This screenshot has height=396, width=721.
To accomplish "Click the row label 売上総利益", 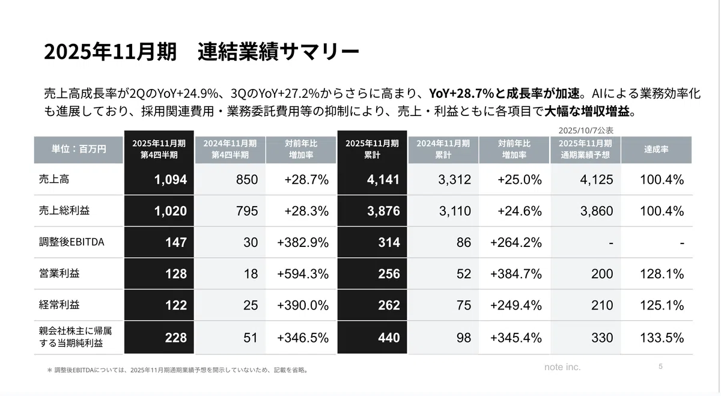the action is [x=64, y=210].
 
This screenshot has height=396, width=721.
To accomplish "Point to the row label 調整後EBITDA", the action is [x=71, y=242].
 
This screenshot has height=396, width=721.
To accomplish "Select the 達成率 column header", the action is [x=656, y=149].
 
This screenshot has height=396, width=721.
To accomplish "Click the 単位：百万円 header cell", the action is [x=79, y=149].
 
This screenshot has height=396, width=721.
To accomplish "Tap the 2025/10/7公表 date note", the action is [x=586, y=130].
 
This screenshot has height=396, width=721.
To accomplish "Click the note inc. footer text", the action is [x=562, y=367].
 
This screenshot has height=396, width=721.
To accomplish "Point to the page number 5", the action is [x=660, y=367].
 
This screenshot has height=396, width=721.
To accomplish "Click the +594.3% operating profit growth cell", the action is [x=303, y=273].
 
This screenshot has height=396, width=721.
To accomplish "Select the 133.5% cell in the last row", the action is [x=662, y=338].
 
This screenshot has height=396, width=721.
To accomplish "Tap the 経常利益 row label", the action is [x=59, y=305].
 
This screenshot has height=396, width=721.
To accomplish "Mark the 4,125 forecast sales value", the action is [x=597, y=179].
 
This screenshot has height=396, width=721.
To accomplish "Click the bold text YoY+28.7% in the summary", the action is [x=461, y=93].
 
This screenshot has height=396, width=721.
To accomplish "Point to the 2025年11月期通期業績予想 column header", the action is [x=585, y=149].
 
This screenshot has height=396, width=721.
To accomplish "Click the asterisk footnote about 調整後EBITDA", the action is [x=177, y=370].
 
